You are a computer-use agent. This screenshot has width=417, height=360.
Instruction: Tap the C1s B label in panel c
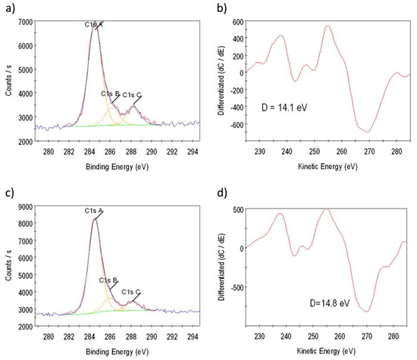tap(109, 280)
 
